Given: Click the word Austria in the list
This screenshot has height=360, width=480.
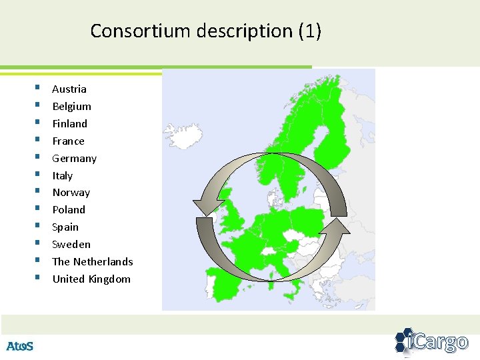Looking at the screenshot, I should tap(69, 89).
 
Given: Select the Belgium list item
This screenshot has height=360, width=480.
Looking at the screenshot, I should tap(71, 107).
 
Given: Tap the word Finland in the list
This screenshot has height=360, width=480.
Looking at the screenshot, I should tap(69, 124).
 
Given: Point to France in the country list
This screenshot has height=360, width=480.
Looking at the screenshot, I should tap(68, 141).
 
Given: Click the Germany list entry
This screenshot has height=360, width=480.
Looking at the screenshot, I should tap(74, 159).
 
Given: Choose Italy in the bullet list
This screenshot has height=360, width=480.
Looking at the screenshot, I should tap(62, 176).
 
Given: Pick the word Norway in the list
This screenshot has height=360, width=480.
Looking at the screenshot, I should tap(71, 193).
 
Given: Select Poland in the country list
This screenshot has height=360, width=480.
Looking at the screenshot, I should tap(69, 210).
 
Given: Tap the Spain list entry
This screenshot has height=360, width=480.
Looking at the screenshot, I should tap(65, 227).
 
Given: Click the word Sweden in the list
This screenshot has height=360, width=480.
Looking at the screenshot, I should tap(71, 245).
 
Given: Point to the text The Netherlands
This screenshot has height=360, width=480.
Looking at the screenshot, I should tap(93, 262).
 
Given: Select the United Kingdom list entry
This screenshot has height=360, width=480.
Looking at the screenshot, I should tap(91, 279).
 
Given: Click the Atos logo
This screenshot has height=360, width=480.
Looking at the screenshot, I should tap(19, 346).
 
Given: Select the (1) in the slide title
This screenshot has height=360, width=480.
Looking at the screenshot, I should tap(309, 31).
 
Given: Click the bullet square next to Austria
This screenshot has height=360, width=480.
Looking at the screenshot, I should tap(38, 87).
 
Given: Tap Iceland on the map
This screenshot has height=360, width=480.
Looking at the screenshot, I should tap(181, 135).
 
